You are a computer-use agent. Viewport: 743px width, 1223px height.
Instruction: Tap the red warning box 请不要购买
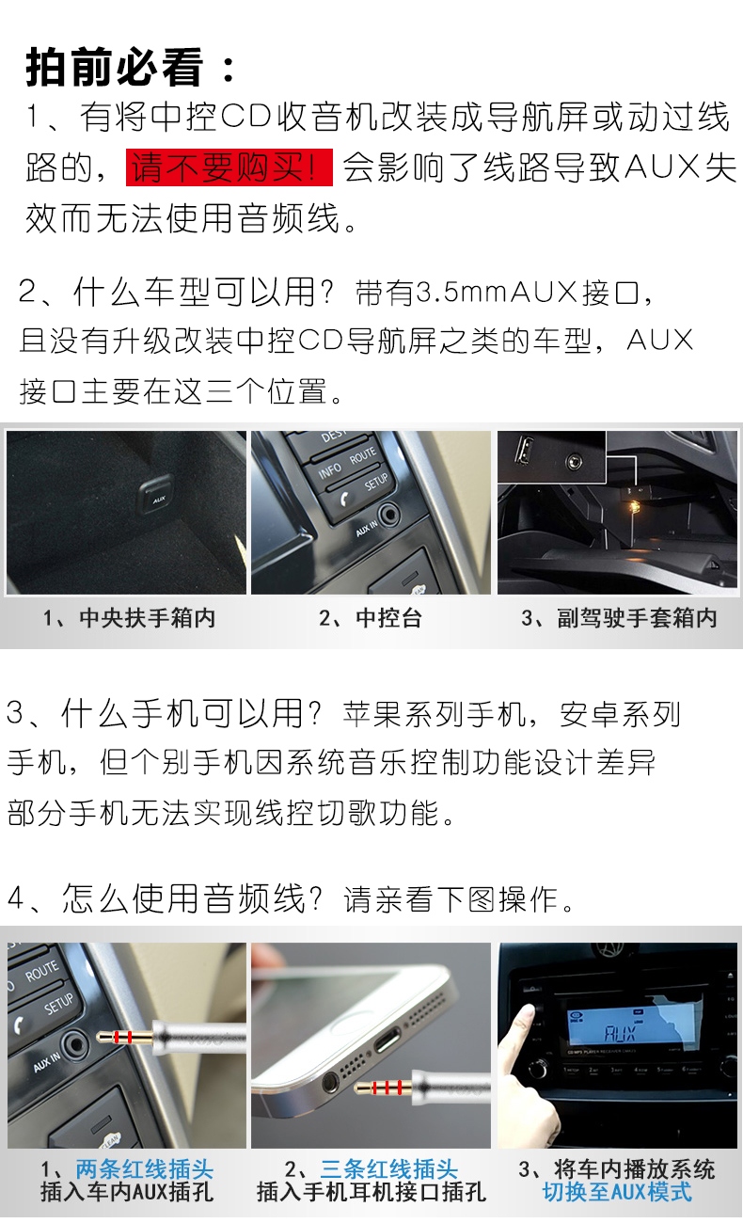click(229, 167)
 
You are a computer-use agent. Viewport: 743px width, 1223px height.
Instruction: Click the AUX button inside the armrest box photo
click(157, 496)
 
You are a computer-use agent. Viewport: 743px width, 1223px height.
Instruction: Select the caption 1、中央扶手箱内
click(130, 618)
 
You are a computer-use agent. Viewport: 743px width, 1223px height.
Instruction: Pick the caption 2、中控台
click(371, 618)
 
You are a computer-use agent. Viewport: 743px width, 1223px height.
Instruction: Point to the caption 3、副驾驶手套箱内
click(619, 618)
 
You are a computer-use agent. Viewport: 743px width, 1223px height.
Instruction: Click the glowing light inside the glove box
click(634, 506)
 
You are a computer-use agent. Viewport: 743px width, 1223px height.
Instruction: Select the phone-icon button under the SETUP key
click(343, 499)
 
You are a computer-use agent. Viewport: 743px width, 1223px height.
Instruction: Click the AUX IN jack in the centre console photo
click(388, 514)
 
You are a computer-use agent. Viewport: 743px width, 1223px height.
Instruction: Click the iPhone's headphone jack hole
click(330, 1081)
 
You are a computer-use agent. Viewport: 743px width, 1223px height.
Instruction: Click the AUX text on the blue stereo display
click(620, 1032)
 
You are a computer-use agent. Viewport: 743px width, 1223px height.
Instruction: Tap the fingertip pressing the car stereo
click(525, 1014)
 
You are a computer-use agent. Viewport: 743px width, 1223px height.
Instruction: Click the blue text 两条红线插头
click(144, 1170)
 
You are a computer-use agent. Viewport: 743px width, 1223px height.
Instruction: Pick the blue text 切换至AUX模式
click(617, 1193)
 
